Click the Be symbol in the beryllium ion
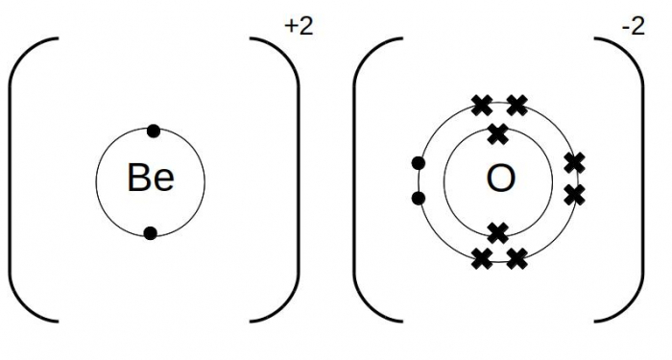pos(151,178)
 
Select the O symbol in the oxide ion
pos(500,179)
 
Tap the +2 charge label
pos(299,27)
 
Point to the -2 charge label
pos(634,27)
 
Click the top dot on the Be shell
pos(152,130)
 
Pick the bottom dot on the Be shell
pos(150,231)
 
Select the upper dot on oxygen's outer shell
pos(418,163)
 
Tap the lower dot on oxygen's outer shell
pos(418,198)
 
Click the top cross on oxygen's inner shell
pos(497,133)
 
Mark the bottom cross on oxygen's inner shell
pos(497,231)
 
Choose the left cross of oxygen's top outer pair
pos(481,105)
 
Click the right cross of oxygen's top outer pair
pos(516,105)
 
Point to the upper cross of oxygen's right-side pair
pos(574,162)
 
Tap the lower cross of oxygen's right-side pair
pos(574,194)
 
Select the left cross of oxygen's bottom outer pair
pos(482,256)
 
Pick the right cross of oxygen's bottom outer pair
pos(516,256)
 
